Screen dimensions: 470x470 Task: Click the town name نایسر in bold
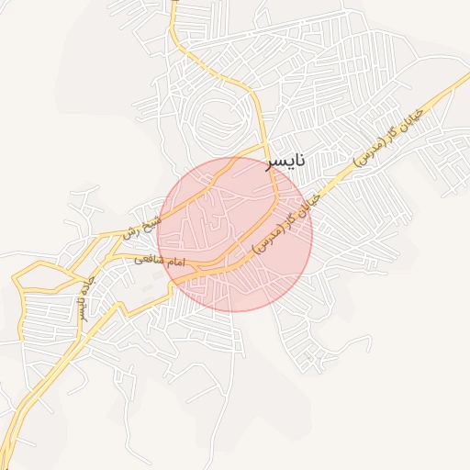(x=285, y=162)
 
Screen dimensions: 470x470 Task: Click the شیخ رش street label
(x=142, y=225)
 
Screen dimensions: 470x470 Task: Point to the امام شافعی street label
(x=161, y=262)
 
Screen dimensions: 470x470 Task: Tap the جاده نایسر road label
(x=84, y=294)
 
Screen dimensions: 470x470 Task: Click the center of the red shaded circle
(x=235, y=234)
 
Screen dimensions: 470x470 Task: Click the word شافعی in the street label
(x=149, y=260)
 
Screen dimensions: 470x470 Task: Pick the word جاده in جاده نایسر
(x=88, y=281)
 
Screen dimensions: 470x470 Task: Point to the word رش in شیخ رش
(x=130, y=231)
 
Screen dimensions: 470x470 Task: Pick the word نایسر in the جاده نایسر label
(x=81, y=305)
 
